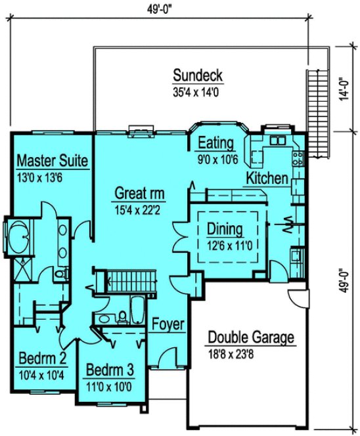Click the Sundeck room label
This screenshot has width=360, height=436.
click(198, 75)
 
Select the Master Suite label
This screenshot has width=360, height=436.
click(53, 160)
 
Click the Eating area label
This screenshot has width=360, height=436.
click(216, 144)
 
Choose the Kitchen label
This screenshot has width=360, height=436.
click(267, 178)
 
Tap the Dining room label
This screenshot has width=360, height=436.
click(225, 229)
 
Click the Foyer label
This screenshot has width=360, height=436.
click(168, 324)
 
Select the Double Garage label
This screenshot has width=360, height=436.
click(252, 338)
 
